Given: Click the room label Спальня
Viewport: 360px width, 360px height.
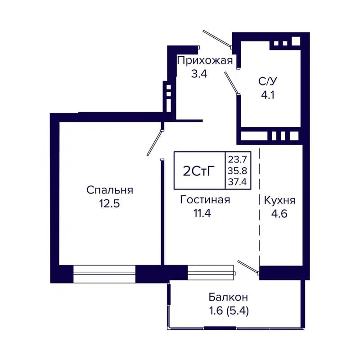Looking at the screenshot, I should click(x=110, y=190).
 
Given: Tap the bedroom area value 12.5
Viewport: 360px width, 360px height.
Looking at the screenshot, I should click(x=110, y=203).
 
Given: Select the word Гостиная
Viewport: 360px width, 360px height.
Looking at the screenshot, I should click(x=205, y=200).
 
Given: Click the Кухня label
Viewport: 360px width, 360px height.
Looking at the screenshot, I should click(x=280, y=200).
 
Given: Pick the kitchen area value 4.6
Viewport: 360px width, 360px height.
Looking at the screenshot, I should click(x=279, y=213).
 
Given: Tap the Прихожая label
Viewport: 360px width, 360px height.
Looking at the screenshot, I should click(x=205, y=61).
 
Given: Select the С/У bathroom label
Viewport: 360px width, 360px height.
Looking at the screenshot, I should click(x=267, y=81).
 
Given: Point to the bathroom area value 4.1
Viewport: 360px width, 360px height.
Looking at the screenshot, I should click(x=268, y=94).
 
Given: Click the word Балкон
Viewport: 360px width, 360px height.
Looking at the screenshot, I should click(x=228, y=297).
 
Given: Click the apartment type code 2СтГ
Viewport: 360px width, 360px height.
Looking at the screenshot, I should click(x=199, y=171).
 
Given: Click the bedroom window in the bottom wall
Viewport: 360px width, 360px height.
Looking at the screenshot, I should click(x=104, y=274).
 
